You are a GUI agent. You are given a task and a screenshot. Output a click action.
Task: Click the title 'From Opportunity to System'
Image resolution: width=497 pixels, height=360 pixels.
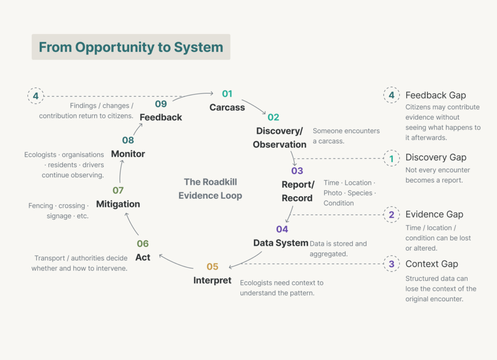pyautogui.click(x=131, y=47)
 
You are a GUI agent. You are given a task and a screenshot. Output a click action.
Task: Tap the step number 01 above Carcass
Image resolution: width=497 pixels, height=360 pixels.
pyautogui.click(x=227, y=94)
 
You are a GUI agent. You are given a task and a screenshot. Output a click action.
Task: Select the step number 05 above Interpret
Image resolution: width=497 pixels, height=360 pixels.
pyautogui.click(x=213, y=266)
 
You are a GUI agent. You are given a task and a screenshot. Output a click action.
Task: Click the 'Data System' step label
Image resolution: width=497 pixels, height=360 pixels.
pyautogui.click(x=281, y=243)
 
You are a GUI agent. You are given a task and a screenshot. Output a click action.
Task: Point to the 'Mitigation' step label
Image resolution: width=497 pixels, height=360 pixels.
pyautogui.click(x=118, y=204)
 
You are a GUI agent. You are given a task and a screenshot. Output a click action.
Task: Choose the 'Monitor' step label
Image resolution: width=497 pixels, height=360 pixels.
pyautogui.click(x=128, y=154)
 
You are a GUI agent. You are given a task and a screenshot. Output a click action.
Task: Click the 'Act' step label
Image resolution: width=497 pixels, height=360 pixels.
pyautogui.click(x=143, y=257)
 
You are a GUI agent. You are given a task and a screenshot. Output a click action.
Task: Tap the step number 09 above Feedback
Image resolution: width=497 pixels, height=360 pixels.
pyautogui.click(x=161, y=103)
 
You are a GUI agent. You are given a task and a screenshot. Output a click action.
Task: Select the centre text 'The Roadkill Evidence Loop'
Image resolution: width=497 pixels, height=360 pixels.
pyautogui.click(x=210, y=189)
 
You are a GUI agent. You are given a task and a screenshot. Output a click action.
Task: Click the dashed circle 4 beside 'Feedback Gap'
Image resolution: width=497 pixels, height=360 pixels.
pyautogui.click(x=392, y=95)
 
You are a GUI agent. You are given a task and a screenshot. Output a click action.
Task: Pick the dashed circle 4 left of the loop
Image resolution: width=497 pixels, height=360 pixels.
pyautogui.click(x=35, y=96)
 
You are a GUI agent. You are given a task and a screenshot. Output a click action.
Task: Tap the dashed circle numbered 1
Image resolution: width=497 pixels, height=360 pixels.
pyautogui.click(x=392, y=158)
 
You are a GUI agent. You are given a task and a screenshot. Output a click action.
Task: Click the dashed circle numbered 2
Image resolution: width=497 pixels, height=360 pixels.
pyautogui.click(x=392, y=215)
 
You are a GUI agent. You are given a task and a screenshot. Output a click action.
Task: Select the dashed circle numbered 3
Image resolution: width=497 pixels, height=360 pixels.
pyautogui.click(x=392, y=264)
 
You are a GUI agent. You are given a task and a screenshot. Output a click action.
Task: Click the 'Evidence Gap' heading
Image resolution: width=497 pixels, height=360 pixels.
pyautogui.click(x=434, y=214)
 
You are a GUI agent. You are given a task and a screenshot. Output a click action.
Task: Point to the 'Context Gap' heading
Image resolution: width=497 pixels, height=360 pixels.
pyautogui.click(x=431, y=264)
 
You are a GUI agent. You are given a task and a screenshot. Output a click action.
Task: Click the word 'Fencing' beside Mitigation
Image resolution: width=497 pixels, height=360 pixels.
pyautogui.click(x=41, y=206)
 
